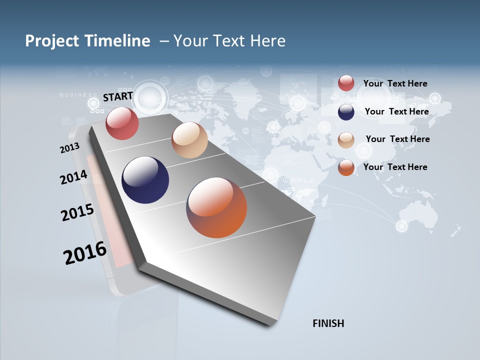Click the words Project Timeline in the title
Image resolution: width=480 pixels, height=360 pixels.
tap(87, 41)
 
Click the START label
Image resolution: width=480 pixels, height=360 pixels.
tap(118, 96)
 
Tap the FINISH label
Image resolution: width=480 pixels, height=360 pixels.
tap(328, 323)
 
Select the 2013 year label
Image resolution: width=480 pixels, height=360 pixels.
tap(69, 148)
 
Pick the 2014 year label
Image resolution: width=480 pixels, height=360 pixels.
tap(73, 177)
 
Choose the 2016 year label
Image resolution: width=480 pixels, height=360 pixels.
tap(85, 252)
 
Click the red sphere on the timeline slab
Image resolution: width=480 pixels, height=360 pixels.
tap(122, 123)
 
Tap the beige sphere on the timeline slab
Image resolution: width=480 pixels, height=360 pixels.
tap(189, 140)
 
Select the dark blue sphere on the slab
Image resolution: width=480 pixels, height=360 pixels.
tap(145, 180)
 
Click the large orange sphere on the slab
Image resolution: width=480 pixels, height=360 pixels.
tap(216, 207)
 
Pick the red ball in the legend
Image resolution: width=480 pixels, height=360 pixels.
tap(346, 83)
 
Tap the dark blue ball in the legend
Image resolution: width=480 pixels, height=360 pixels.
tap(346, 112)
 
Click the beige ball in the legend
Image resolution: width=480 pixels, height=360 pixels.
tap(346, 140)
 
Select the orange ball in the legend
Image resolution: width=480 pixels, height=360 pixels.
tap(346, 168)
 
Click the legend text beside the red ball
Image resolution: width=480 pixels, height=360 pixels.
tap(395, 83)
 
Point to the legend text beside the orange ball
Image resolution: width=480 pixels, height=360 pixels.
tap(395, 167)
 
